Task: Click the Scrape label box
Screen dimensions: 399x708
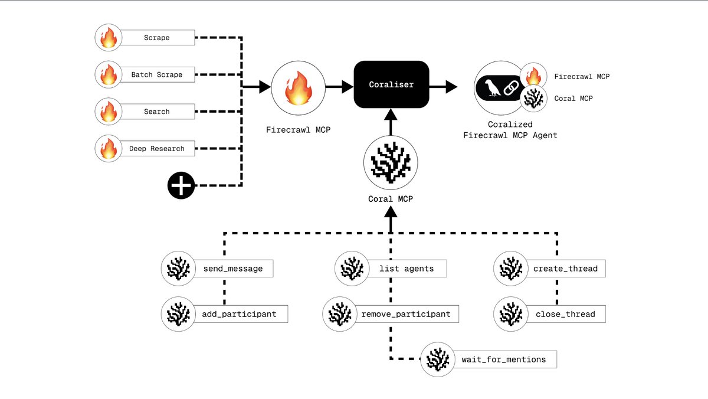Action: point(157,38)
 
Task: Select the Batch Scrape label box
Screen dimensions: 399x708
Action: point(157,75)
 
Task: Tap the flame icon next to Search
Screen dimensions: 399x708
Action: point(109,112)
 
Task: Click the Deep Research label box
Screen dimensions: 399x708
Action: point(157,149)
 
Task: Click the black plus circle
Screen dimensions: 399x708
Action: point(181,186)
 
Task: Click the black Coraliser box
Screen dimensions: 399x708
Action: point(391,84)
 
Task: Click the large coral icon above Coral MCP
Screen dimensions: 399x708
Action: point(391,160)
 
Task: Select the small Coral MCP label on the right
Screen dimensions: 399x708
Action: point(573,99)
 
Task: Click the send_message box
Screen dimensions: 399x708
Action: point(232,269)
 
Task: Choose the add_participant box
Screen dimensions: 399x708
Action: point(238,314)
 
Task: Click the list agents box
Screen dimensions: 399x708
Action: point(407,269)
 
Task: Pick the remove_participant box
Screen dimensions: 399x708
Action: point(407,314)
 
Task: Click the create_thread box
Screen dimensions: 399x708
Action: point(565,269)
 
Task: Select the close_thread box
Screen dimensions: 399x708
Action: point(565,314)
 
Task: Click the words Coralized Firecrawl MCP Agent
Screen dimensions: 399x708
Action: point(510,130)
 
